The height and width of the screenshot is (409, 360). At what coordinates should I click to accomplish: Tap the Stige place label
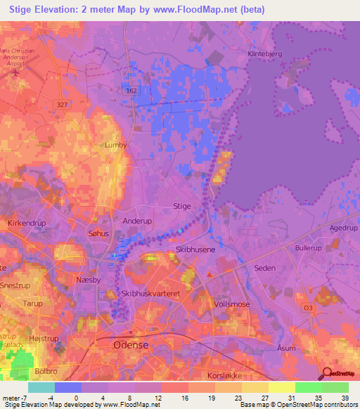pos(181,206)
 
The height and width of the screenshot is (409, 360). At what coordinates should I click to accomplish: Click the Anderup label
pos(137,221)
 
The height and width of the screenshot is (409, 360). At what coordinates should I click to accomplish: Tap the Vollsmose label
pos(231,303)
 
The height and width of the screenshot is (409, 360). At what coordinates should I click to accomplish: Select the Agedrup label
pos(343,228)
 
